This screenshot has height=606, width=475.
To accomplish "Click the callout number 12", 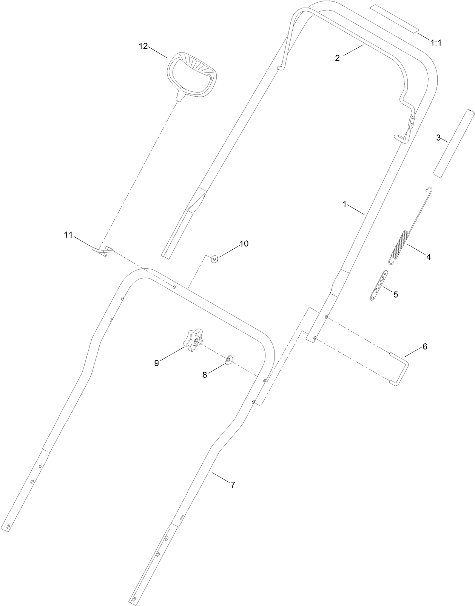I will click(143, 46).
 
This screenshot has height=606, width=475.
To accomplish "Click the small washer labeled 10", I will click(215, 259).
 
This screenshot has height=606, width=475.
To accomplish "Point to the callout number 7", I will click(233, 485).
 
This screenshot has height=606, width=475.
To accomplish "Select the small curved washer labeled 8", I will click(229, 360).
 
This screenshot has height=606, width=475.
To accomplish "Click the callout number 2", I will click(337, 58).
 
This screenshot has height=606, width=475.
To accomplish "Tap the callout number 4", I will click(428, 257).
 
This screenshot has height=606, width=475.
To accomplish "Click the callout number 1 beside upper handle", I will click(344, 204).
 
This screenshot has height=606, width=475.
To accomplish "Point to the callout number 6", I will click(425, 346).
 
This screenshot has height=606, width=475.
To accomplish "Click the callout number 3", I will click(438, 138).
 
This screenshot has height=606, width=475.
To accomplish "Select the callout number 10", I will click(244, 244).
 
